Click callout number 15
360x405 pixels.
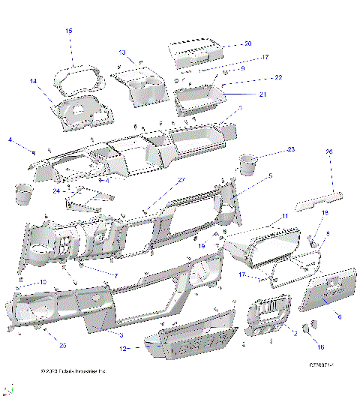(68, 31)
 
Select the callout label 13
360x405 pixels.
(121, 52)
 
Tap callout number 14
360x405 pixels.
(33, 80)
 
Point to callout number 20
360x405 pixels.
(248, 44)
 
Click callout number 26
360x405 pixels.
(328, 152)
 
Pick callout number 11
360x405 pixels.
(284, 217)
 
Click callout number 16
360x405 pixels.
(322, 347)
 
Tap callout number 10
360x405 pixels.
(43, 281)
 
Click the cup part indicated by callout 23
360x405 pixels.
(247, 163)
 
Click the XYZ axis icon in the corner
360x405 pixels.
(9, 391)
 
